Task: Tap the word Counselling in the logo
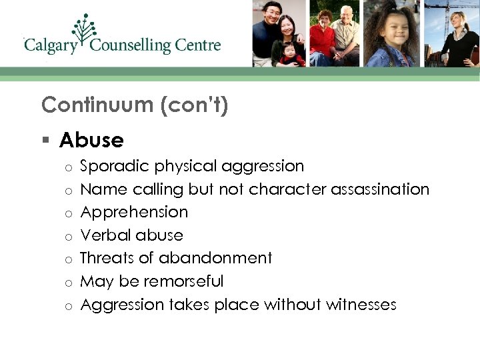[131, 47]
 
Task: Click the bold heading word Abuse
[91, 140]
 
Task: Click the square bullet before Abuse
[45, 141]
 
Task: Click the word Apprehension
[134, 213]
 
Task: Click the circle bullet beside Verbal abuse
[68, 236]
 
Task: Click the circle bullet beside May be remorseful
[68, 283]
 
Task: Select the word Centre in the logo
[197, 47]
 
